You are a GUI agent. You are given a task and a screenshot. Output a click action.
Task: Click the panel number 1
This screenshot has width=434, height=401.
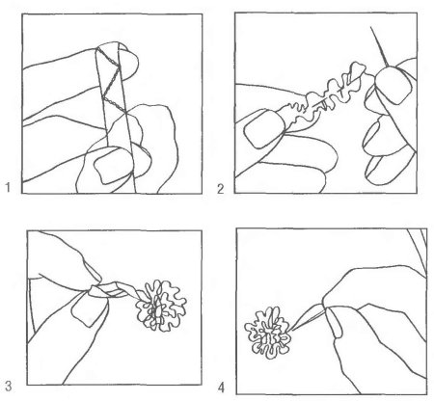point(9,187)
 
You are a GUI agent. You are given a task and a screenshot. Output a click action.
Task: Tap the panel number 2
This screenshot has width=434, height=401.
point(220,189)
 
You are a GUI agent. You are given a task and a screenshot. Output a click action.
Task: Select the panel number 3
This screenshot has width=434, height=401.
point(9,386)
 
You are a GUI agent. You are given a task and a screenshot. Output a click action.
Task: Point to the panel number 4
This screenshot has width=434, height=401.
point(221,388)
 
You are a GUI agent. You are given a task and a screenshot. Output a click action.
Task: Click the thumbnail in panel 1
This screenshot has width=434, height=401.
point(114,166)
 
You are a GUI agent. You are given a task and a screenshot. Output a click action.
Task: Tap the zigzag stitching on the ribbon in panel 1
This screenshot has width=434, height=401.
point(111,80)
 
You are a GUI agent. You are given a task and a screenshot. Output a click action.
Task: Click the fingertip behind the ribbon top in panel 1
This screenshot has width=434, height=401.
point(127,62)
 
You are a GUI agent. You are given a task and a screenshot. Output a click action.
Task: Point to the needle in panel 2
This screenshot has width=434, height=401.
point(379,45)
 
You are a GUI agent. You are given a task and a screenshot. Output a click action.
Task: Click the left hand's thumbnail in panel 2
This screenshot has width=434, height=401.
point(263,128)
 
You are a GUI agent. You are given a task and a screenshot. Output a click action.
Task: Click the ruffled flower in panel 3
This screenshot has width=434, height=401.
point(161,306)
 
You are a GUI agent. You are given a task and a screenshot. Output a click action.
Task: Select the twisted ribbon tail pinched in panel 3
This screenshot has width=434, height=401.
point(113,289)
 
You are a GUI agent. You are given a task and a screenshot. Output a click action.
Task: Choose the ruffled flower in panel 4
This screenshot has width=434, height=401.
point(267,333)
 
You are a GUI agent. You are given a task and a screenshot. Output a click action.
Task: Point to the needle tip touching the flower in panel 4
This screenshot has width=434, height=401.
point(292,330)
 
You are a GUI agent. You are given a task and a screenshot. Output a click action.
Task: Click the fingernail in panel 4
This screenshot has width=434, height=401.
point(336,323)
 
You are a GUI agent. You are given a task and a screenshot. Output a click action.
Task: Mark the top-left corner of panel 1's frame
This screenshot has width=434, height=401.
point(22,13)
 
